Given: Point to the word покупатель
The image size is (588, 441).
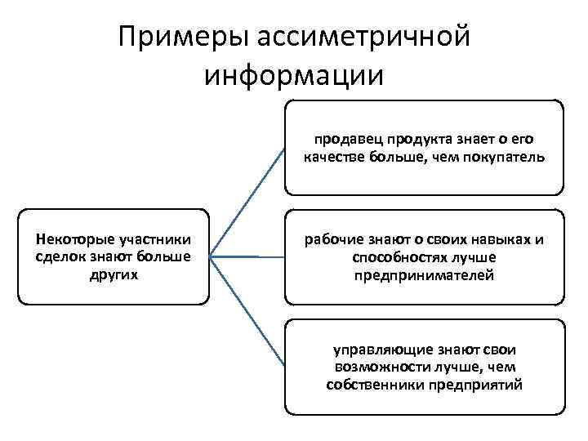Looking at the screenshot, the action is (x=501, y=156).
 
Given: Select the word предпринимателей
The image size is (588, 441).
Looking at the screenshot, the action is (x=424, y=275).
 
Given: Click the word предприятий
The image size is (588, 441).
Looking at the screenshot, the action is (x=479, y=385).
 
